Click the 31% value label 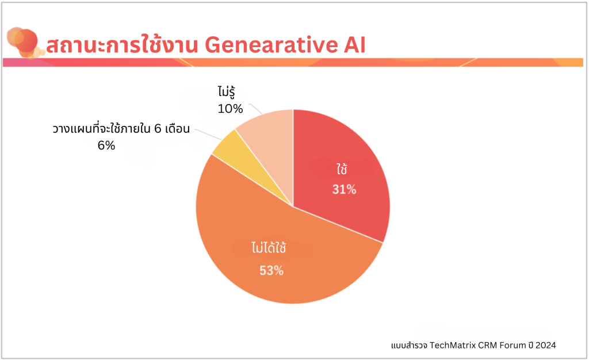(344, 189)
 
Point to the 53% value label (271, 271)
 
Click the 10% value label (230, 108)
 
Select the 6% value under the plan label (106, 145)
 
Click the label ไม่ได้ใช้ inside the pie (269, 248)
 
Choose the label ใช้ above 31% (343, 170)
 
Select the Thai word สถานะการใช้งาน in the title (121, 45)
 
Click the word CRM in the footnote (482, 344)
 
